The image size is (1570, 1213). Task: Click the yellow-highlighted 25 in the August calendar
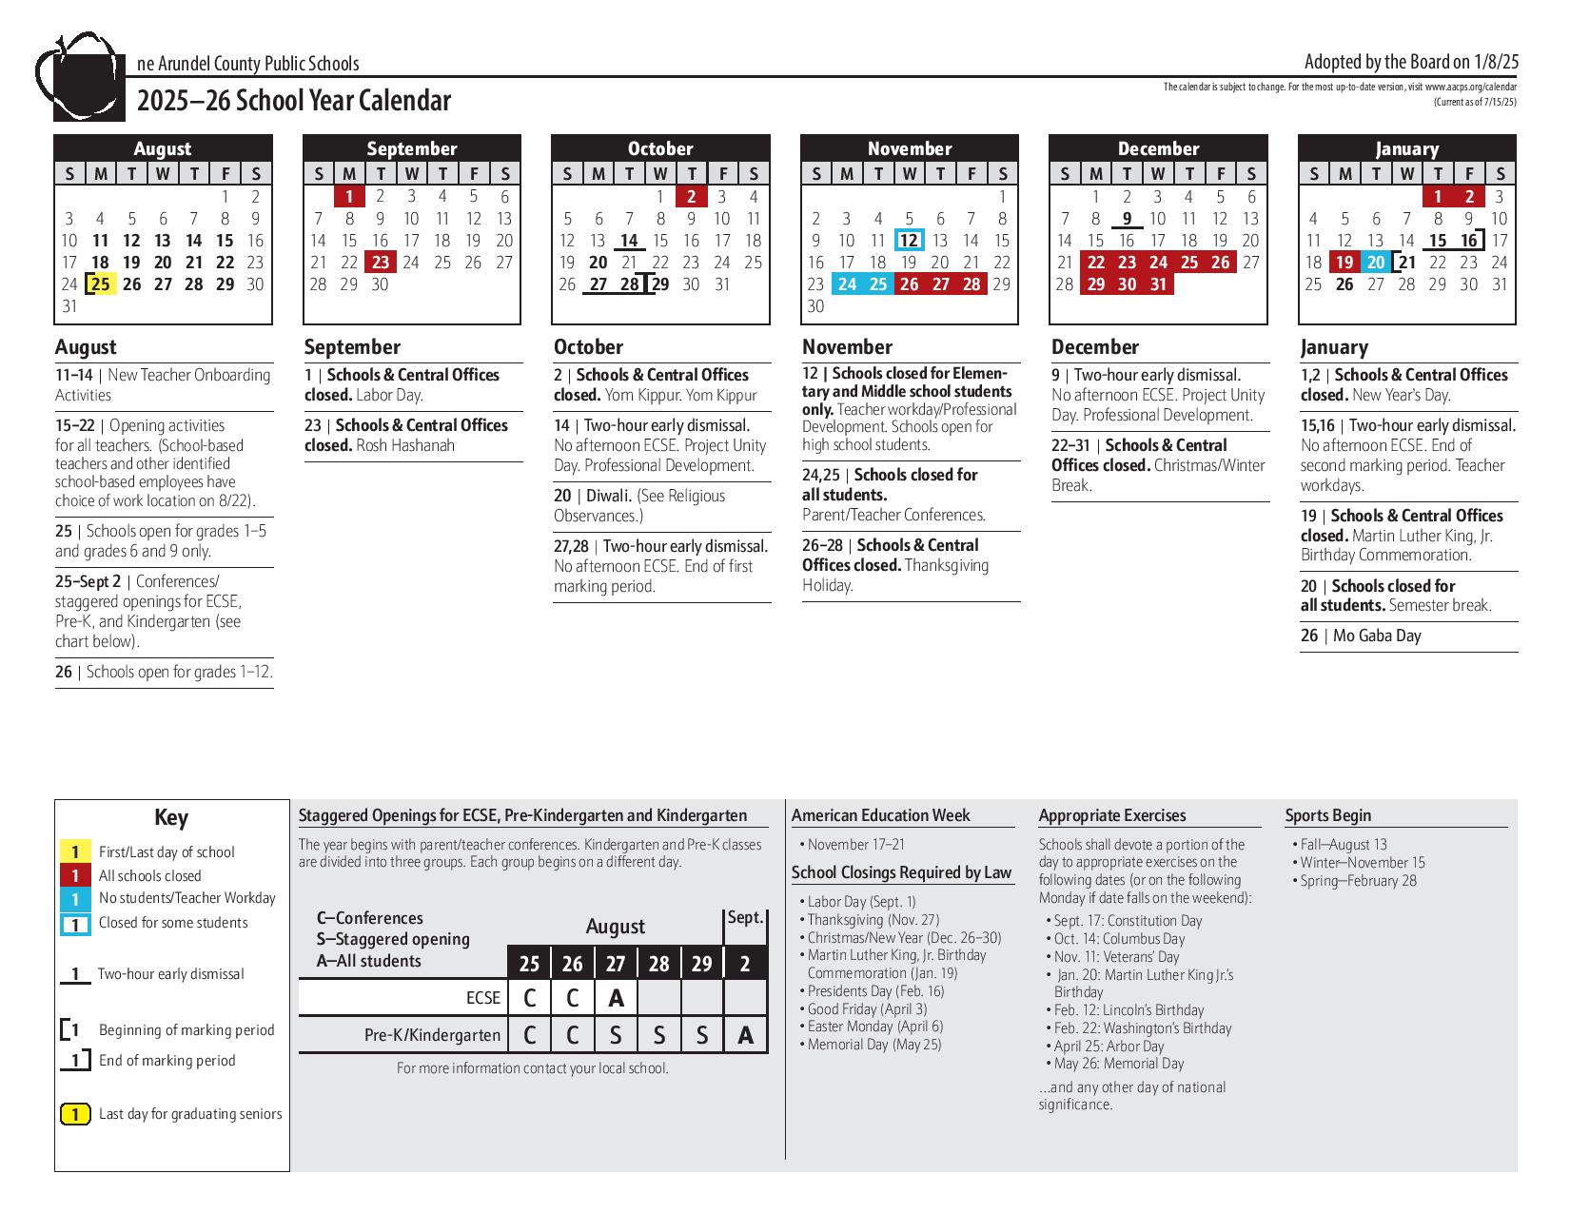pyautogui.click(x=101, y=284)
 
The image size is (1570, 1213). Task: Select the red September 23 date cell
pyautogui.click(x=381, y=263)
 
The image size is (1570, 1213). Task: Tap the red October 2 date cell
pyautogui.click(x=692, y=197)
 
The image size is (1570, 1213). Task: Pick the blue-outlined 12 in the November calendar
pyautogui.click(x=909, y=241)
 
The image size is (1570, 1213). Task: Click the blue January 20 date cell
pyautogui.click(x=1375, y=263)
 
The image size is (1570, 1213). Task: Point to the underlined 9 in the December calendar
pyautogui.click(x=1127, y=219)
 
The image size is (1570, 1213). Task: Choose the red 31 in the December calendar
pyautogui.click(x=1158, y=284)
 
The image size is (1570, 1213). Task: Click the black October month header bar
pyautogui.click(x=660, y=148)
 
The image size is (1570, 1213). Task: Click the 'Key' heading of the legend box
pyautogui.click(x=171, y=818)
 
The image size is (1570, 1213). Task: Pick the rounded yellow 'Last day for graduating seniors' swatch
pyautogui.click(x=75, y=1114)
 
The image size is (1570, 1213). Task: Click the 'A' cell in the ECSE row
pyautogui.click(x=616, y=998)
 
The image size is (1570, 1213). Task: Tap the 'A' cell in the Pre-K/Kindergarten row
pyautogui.click(x=745, y=1035)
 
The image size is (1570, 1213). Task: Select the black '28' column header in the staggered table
pyautogui.click(x=658, y=964)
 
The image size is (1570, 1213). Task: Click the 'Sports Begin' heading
pyautogui.click(x=1327, y=815)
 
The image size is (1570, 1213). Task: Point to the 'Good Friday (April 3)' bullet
pyautogui.click(x=867, y=1008)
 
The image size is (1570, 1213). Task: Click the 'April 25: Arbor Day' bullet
pyautogui.click(x=1109, y=1047)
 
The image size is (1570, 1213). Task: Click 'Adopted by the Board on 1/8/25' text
pyautogui.click(x=1411, y=62)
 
